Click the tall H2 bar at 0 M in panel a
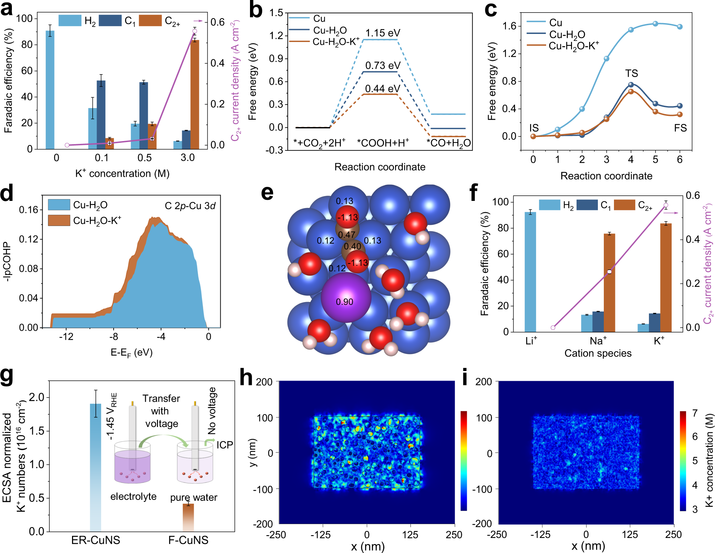50,90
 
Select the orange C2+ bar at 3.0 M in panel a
195,94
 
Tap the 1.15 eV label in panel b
382,33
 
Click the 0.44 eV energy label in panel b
382,89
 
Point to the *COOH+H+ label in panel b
383,143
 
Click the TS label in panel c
631,73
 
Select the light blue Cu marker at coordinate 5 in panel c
655,24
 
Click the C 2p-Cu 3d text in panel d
190,206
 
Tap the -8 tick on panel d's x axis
113,337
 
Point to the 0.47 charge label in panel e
346,234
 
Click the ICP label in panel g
224,445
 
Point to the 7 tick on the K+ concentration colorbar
695,413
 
